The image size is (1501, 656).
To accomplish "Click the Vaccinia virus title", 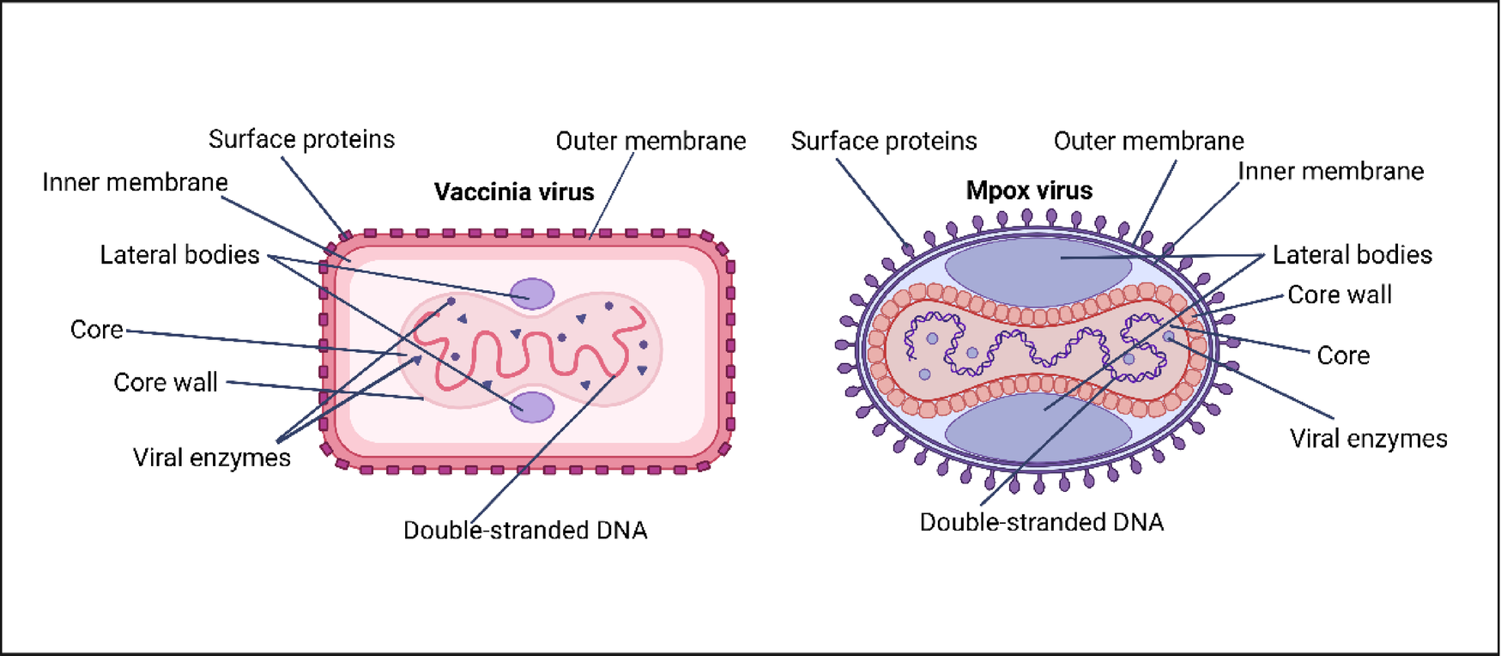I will click(513, 191).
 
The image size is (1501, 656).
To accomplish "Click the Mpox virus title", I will click(1029, 191).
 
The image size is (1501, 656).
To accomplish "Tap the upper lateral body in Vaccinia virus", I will click(533, 294).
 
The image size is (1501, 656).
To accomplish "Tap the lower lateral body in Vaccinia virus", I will click(532, 406).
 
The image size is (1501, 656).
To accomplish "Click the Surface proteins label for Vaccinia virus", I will click(301, 139).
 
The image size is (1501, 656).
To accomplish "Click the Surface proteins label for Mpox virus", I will click(883, 141).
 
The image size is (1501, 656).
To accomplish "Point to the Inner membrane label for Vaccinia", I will click(135, 182).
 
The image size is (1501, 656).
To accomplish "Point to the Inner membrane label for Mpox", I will click(1330, 171).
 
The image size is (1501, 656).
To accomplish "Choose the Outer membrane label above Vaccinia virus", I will click(651, 141).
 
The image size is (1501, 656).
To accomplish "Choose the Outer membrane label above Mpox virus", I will click(1148, 141).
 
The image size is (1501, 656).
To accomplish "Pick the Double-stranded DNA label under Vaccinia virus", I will click(525, 531).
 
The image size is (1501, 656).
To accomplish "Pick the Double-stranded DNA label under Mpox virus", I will click(1041, 522).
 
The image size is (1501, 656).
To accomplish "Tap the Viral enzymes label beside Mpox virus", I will click(1368, 439).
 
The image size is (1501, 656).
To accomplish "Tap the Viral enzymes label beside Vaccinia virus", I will click(211, 458).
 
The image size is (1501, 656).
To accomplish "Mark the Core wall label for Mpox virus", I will click(1339, 295).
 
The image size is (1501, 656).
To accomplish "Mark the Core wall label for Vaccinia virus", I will click(166, 382).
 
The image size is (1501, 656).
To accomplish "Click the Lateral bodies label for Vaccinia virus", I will click(179, 255).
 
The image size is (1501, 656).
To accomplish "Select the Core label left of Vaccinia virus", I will click(96, 330).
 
